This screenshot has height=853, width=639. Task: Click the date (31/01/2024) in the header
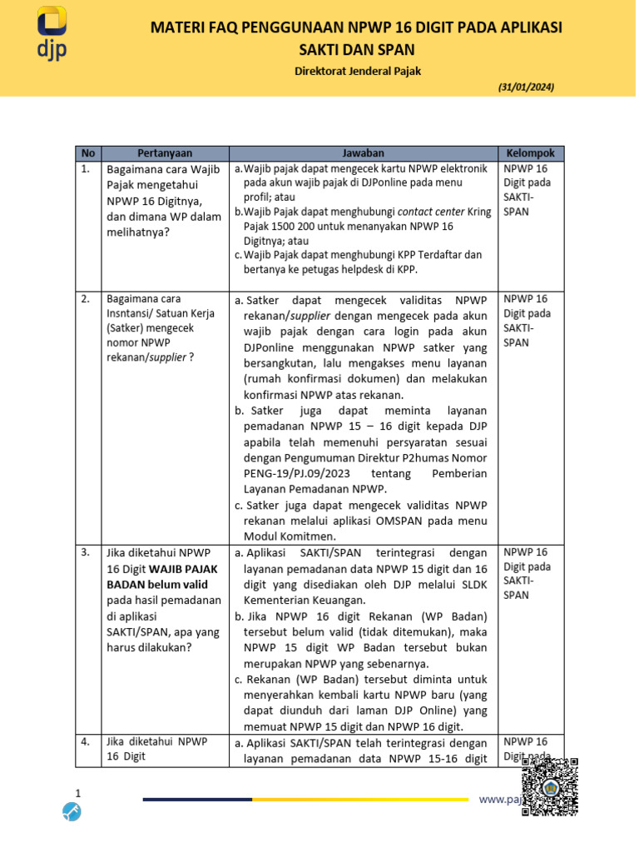(526, 87)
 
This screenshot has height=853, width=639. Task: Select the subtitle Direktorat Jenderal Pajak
(358, 71)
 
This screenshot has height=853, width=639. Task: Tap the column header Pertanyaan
(165, 153)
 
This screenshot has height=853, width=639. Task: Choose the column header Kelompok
(532, 153)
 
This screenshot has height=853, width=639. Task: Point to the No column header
(88, 153)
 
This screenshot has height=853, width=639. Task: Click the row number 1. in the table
(86, 169)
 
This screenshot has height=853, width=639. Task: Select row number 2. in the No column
(86, 298)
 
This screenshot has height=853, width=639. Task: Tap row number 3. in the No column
(86, 551)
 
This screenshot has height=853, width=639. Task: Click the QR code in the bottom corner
(550, 787)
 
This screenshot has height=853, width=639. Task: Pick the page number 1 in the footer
(78, 792)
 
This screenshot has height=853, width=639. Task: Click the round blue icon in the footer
(74, 811)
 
